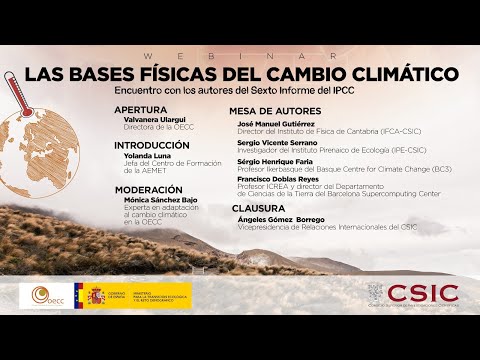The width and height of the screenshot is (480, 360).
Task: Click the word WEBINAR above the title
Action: (239, 57)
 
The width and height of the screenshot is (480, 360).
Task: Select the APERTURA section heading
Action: (141, 109)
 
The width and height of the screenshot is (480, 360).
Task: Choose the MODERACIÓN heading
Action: (148, 188)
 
